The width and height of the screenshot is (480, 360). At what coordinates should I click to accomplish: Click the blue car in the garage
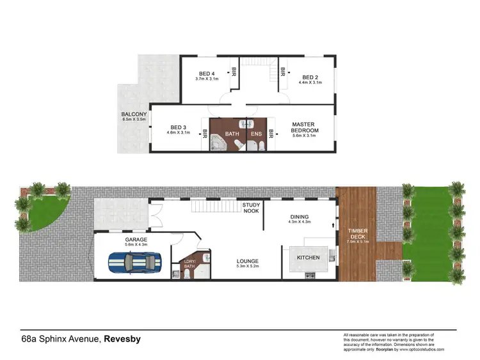tap(134, 263)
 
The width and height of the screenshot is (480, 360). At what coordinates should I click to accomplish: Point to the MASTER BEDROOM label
tap(305, 127)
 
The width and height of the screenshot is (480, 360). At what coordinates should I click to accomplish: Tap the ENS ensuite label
tap(256, 134)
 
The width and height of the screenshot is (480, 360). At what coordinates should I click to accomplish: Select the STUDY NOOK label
tap(251, 208)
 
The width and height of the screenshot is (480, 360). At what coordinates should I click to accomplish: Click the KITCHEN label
tap(308, 257)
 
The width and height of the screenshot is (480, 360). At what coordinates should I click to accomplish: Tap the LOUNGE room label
tap(246, 261)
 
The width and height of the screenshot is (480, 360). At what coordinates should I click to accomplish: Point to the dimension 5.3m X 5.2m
tap(246, 267)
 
